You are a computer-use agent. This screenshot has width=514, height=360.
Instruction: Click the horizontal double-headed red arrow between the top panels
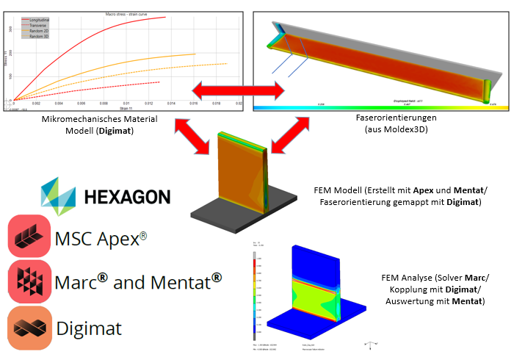tap(239, 91)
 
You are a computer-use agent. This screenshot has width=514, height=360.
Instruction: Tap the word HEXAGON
tap(127, 197)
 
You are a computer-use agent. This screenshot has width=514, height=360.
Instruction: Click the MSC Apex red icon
tap(29, 237)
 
